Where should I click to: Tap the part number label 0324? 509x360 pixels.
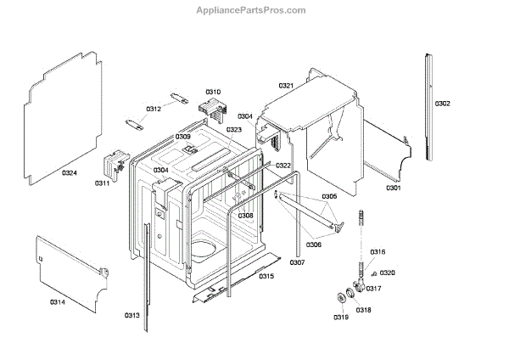click(x=70, y=173)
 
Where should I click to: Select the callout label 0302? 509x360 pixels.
click(x=443, y=104)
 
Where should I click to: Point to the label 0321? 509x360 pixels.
click(x=286, y=86)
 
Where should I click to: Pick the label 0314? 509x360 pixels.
click(x=58, y=301)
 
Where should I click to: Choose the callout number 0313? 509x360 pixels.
click(x=131, y=315)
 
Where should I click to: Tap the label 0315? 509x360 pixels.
click(x=266, y=276)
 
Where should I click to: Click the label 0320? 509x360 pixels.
click(x=387, y=273)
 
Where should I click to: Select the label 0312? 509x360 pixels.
click(x=154, y=109)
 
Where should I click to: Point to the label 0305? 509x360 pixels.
click(x=329, y=196)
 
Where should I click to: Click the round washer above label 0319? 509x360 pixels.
click(x=343, y=296)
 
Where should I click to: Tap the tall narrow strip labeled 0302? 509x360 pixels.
click(x=429, y=106)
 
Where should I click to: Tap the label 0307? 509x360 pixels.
click(x=297, y=262)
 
